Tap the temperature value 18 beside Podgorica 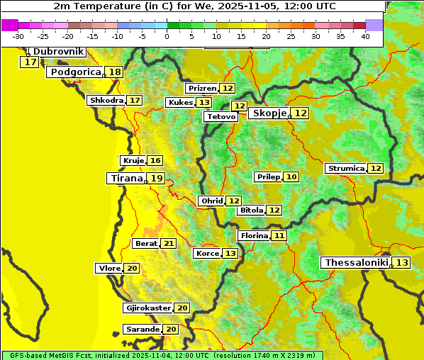pos(114,72)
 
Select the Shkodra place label pos(106,101)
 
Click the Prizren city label pos(202,89)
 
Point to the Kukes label pos(179,103)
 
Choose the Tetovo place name pos(221,116)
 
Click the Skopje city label pos(269,113)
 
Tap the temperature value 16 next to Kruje pos(155,161)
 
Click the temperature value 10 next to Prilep pos(291,176)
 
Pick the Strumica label pos(346,169)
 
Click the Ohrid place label pos(211,201)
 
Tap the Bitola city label pos(252,210)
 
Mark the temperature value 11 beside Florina pos(279,235)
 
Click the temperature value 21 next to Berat pos(168,244)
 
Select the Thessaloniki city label pos(356,263)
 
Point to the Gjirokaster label pos(147,308)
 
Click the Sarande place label pos(142,330)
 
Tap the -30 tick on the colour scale pos(19,36)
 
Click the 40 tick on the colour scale pos(365,36)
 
